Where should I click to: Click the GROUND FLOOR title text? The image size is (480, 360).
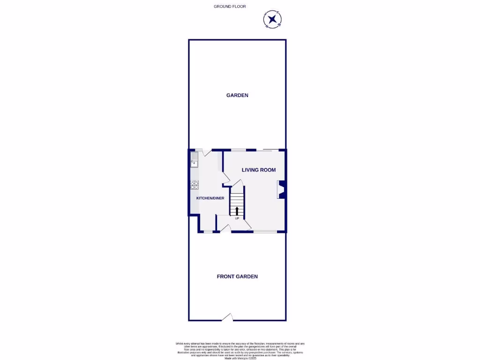(x=230, y=7)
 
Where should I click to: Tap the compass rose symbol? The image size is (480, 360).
(x=272, y=20)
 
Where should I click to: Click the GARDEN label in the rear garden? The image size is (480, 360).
(x=237, y=95)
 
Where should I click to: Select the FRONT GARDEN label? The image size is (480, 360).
(x=237, y=277)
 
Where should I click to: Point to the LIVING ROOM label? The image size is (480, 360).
(x=259, y=170)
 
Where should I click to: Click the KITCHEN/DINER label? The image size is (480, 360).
(x=210, y=198)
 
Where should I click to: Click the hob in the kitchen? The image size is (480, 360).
(x=195, y=185)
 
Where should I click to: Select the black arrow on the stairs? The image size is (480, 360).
(x=237, y=210)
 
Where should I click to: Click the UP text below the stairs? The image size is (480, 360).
(x=237, y=218)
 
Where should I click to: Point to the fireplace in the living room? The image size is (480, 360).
(x=281, y=189)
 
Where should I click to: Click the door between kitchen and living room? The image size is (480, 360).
(x=226, y=177)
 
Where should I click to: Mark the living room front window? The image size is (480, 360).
(x=265, y=232)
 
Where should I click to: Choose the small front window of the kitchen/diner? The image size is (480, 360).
(x=208, y=232)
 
